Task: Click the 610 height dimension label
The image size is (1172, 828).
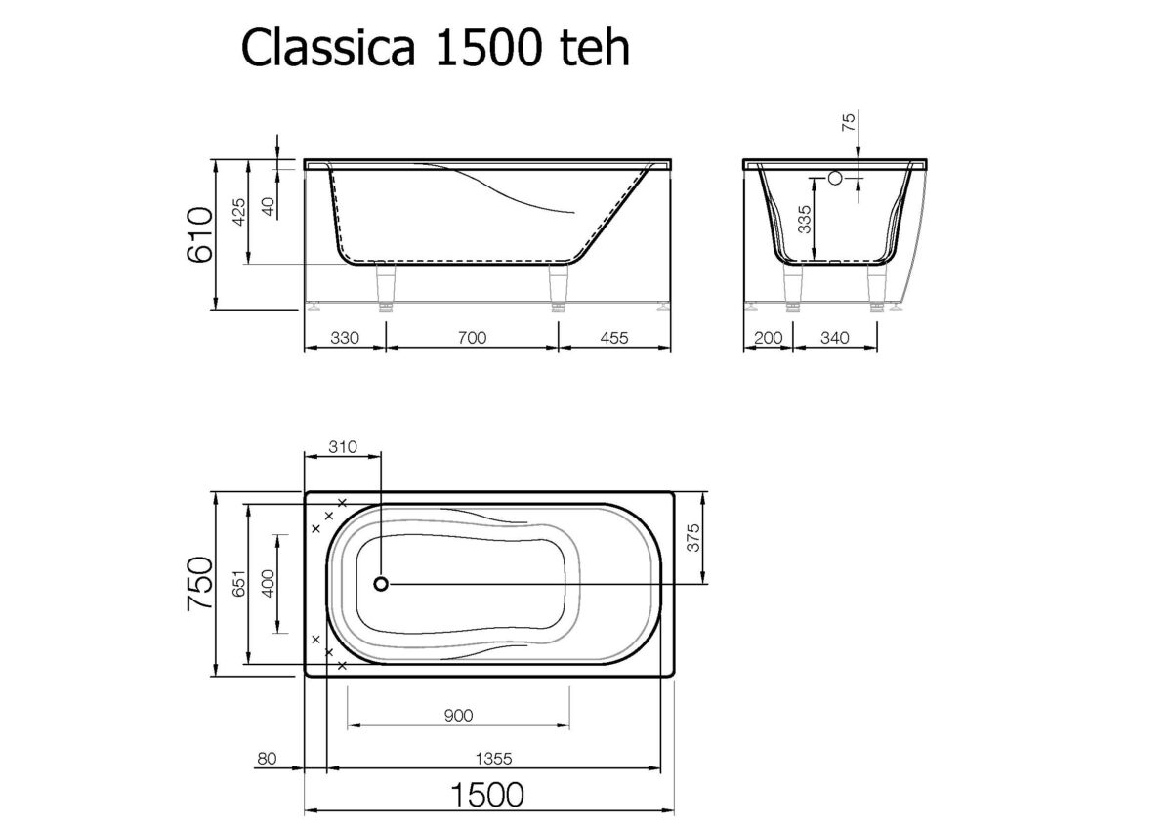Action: (x=199, y=234)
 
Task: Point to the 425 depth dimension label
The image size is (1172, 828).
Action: (x=235, y=213)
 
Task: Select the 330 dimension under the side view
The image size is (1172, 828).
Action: (x=345, y=338)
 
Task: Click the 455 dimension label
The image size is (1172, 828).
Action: (x=612, y=338)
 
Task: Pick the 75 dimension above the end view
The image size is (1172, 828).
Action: (x=848, y=122)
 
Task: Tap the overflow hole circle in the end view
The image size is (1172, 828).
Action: (x=835, y=179)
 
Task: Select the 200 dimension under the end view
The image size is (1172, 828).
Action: (x=770, y=338)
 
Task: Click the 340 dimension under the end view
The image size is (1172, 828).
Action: (x=834, y=338)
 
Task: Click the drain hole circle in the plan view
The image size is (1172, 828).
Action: (x=381, y=584)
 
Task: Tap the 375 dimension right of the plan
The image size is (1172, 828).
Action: (x=694, y=537)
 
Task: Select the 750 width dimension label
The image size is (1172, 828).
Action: (x=199, y=584)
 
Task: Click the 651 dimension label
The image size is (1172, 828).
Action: (x=235, y=584)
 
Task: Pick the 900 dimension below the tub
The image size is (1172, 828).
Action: (x=457, y=716)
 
